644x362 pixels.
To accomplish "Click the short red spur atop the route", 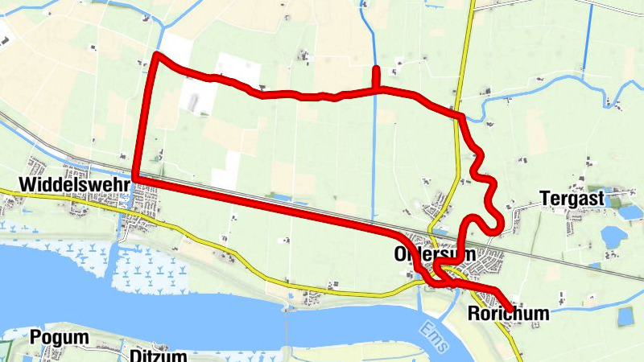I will (x=376, y=77).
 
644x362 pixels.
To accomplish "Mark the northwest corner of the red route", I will (x=157, y=55).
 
